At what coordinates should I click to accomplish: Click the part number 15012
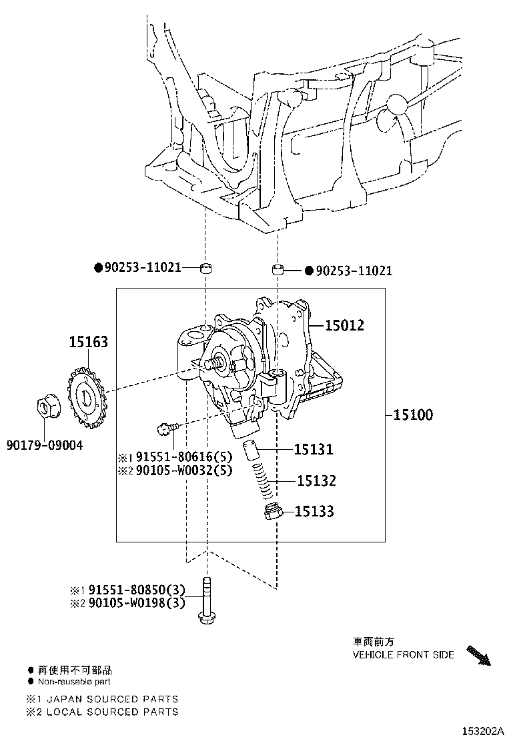point(344,325)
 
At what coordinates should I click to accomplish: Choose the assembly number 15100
point(412,414)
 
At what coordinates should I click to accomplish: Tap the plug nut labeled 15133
point(272,513)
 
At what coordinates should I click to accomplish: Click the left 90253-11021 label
point(143,267)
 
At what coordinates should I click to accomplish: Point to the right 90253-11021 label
point(354,271)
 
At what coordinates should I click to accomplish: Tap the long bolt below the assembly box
point(207,600)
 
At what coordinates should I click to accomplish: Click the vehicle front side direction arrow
point(478,654)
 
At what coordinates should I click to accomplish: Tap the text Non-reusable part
point(74,681)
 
